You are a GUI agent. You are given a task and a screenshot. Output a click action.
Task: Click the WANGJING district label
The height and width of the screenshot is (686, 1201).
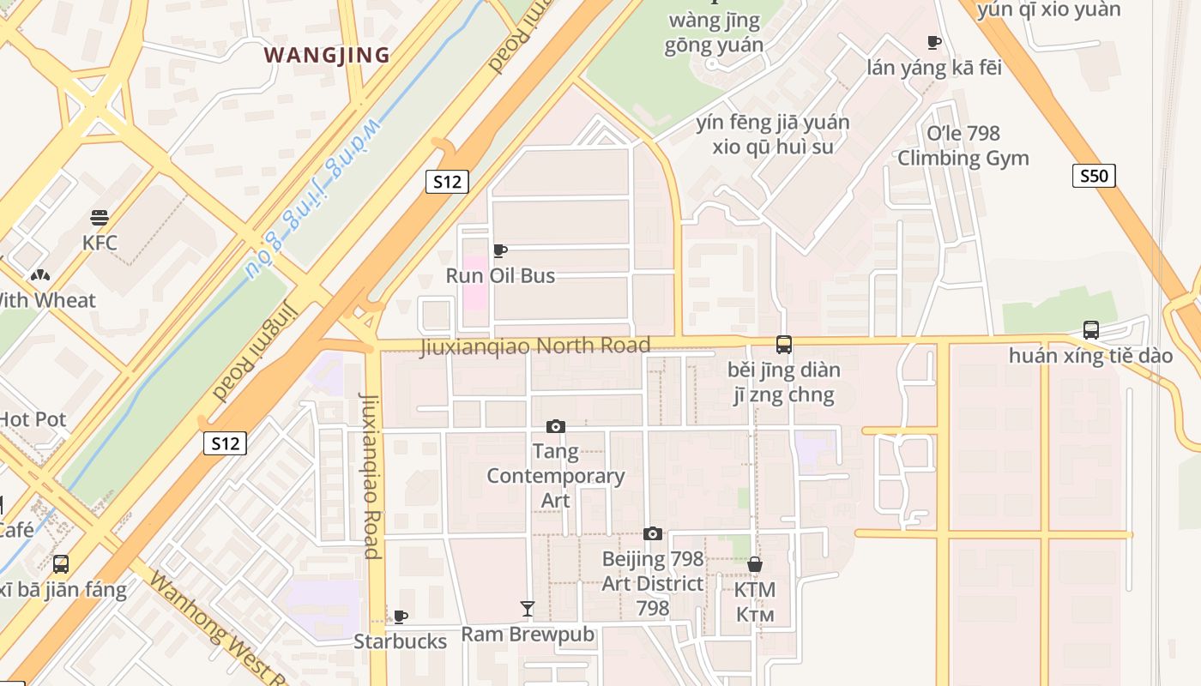327,56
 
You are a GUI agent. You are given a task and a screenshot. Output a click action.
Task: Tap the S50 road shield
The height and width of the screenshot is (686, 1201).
1094,177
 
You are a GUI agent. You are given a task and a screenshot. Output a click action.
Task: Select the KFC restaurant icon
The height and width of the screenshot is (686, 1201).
100,218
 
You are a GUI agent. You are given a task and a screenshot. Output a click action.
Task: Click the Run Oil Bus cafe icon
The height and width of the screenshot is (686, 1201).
500,250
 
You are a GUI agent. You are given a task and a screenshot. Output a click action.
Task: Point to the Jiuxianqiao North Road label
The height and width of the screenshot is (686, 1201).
534,346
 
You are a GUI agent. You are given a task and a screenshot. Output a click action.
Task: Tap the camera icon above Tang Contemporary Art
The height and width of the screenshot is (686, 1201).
555,426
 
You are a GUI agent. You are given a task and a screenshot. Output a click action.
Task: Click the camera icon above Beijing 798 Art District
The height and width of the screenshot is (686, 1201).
652,533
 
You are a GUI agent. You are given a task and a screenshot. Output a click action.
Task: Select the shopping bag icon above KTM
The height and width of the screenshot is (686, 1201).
755,564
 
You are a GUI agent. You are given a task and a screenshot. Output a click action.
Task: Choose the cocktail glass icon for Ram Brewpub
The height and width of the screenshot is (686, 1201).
528,609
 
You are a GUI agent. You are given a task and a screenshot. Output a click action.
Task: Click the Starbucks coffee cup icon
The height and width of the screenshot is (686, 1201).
400,617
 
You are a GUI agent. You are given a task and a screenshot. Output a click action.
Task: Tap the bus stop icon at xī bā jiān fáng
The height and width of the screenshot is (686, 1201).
61,564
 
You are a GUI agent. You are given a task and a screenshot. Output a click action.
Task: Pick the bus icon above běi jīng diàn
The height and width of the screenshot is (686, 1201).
783,345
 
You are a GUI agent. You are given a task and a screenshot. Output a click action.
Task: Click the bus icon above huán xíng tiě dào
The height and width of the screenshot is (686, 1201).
1090,329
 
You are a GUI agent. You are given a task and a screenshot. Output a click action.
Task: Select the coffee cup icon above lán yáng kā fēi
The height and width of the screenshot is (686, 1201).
934,42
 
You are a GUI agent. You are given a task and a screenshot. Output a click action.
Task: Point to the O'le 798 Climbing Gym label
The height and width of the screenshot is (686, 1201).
963,146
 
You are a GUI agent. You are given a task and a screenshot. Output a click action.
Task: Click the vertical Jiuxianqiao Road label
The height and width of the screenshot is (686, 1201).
371,475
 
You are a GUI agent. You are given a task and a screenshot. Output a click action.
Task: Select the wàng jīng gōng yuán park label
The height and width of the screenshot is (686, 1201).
714,33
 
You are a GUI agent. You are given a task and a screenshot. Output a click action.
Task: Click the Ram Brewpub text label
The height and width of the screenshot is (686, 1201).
528,635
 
